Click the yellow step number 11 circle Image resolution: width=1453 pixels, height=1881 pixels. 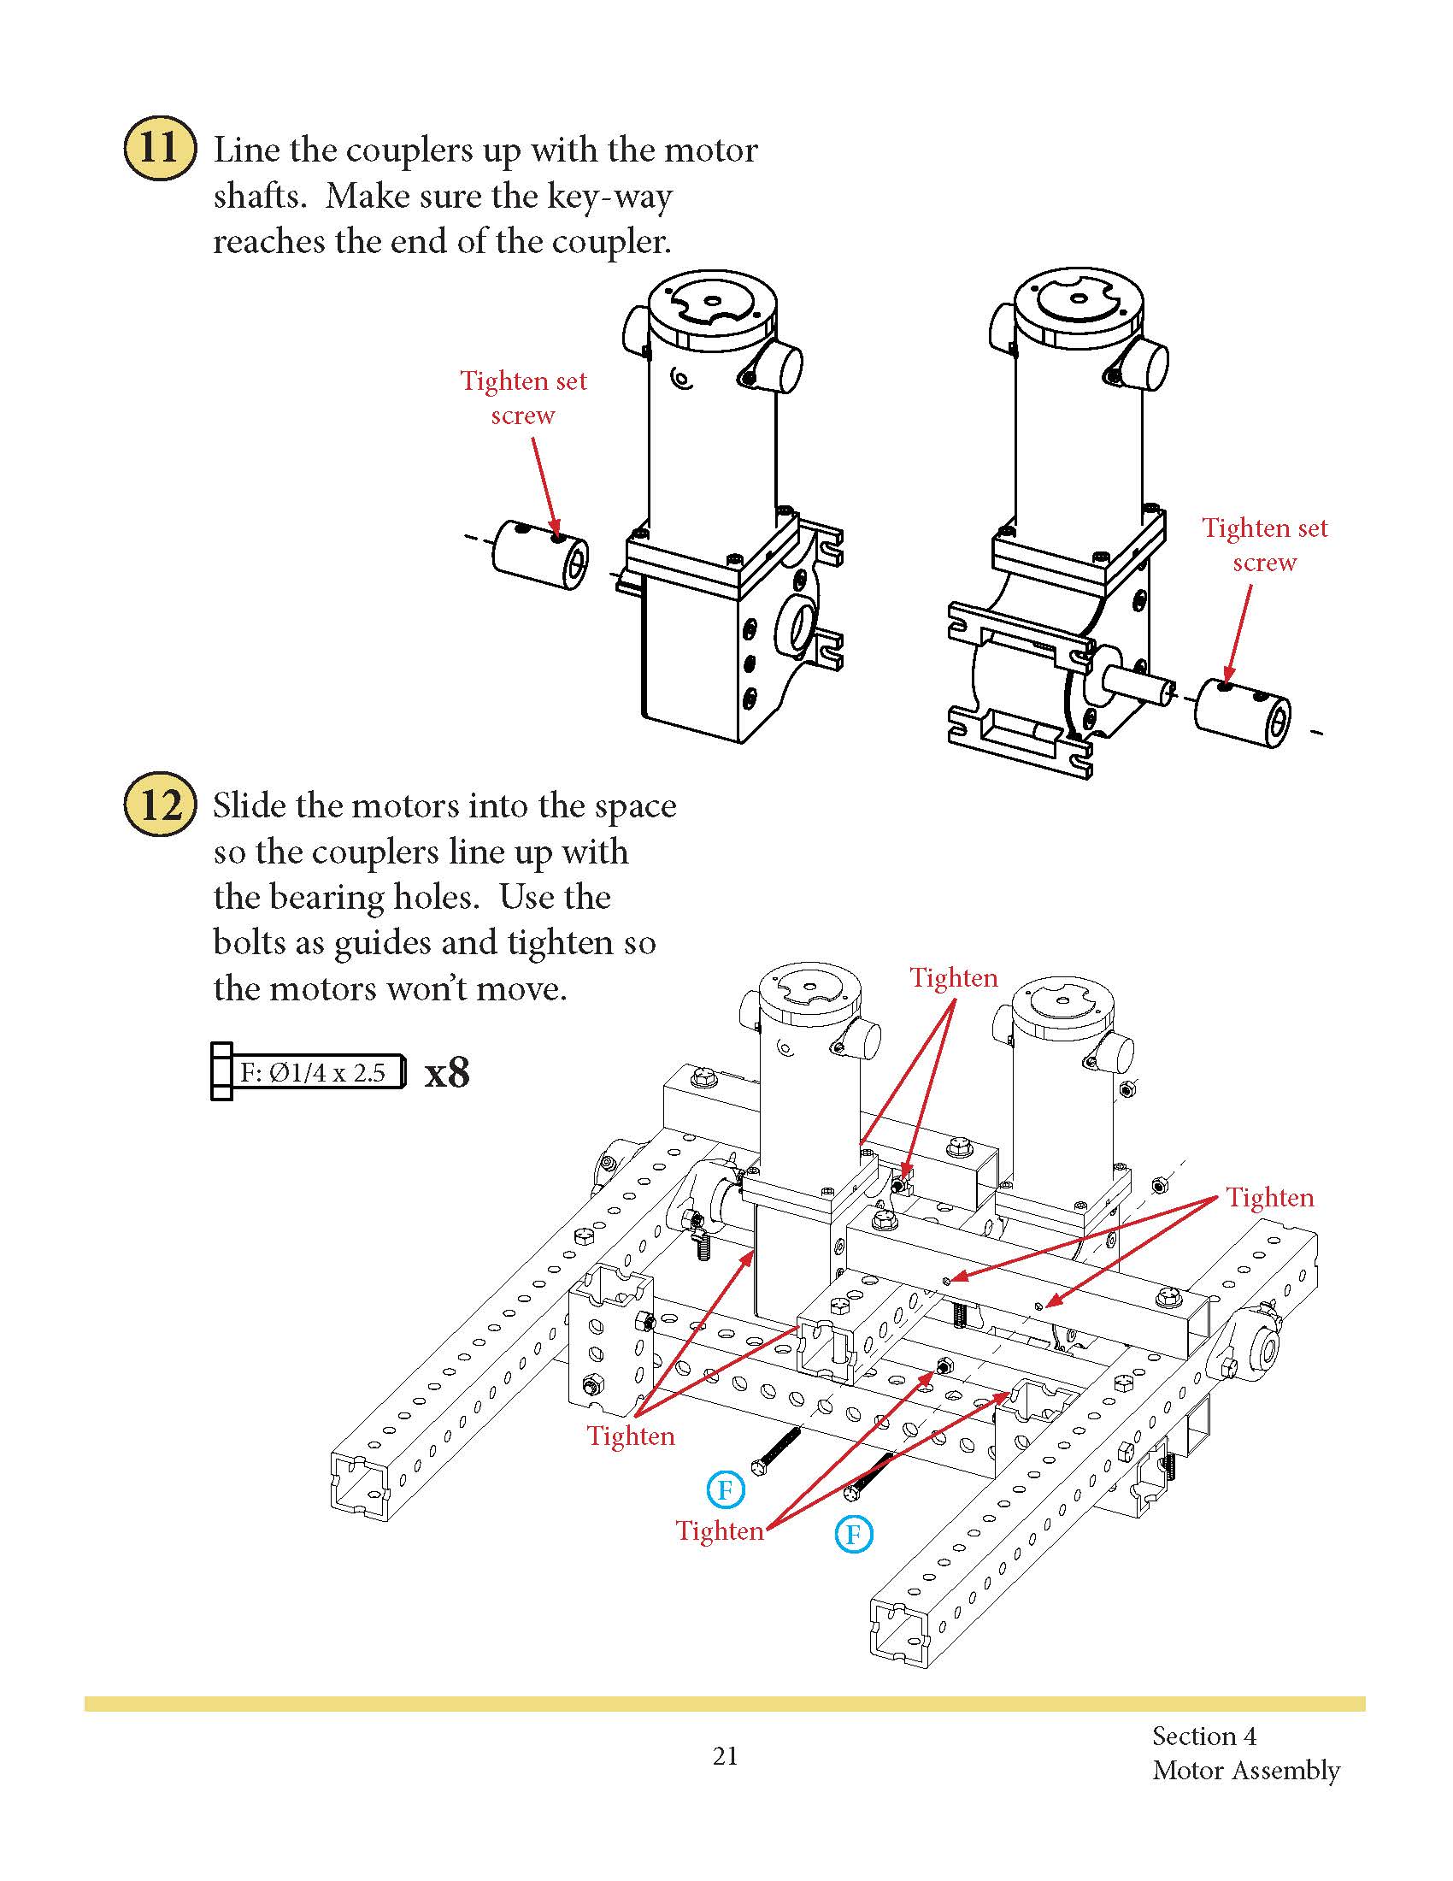point(159,148)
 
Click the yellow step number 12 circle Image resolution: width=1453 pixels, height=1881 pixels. point(159,805)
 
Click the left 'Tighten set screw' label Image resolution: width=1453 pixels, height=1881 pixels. point(522,397)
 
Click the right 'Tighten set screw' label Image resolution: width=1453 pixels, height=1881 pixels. point(1263,545)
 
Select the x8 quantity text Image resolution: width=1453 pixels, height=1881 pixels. point(447,1073)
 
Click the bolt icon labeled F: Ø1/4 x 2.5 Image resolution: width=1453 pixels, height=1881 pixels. point(309,1072)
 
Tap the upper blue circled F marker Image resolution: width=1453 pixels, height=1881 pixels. point(725,1489)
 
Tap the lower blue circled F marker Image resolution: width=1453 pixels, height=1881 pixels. point(853,1534)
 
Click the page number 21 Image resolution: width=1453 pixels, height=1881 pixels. point(725,1755)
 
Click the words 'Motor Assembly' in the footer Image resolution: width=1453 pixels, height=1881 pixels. point(1245,1771)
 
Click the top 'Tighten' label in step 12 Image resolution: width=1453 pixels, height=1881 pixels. point(954,977)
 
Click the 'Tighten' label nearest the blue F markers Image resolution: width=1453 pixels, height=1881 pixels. point(720,1530)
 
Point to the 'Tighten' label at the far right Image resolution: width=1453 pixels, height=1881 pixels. point(1269,1197)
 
